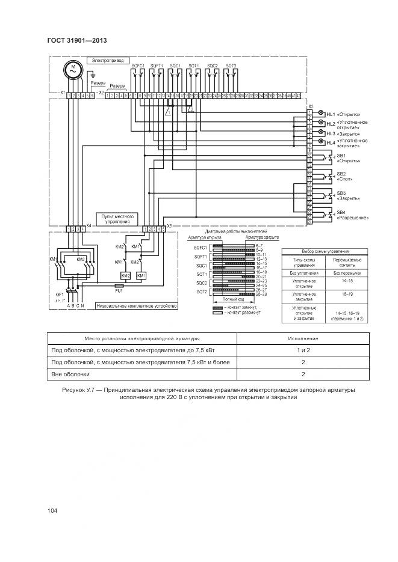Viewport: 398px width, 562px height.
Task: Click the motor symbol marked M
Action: click(72, 70)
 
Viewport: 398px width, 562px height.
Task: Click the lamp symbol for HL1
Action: click(320, 114)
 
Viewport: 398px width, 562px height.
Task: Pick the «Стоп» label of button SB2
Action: click(345, 179)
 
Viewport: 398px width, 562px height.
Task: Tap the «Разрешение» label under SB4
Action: click(352, 218)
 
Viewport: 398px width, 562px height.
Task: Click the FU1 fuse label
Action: click(119, 291)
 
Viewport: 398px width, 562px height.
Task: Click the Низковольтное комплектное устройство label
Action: click(140, 306)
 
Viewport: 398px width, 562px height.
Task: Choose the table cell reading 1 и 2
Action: click(303, 349)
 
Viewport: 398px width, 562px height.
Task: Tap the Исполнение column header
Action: click(303, 338)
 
